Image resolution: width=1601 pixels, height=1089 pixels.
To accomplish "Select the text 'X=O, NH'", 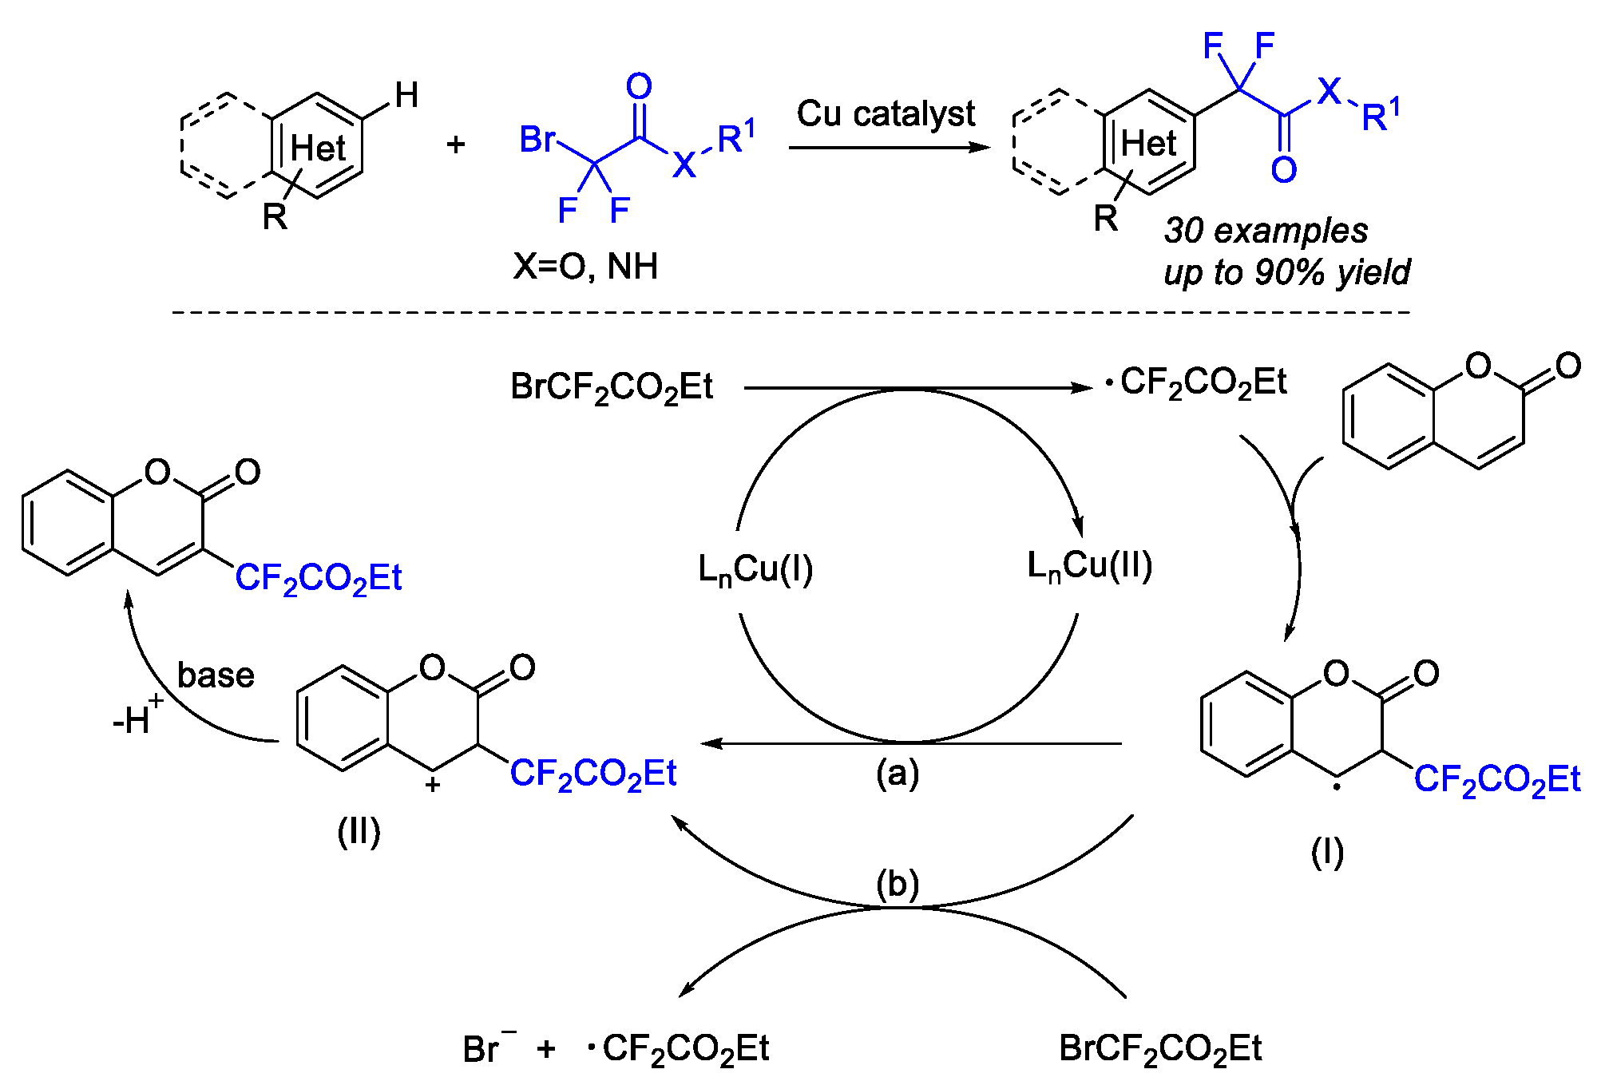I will [585, 267].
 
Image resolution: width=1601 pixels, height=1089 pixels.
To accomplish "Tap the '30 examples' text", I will [1266, 231].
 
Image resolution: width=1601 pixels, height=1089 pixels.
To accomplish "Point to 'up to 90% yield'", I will [1286, 273].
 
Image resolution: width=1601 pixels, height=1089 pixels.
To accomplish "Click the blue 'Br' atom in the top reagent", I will [537, 140].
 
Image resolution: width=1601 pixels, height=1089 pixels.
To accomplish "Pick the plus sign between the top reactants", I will [456, 145].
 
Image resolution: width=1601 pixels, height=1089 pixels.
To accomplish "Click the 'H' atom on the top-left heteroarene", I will [406, 96].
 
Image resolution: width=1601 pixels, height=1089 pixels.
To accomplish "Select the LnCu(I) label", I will [755, 570].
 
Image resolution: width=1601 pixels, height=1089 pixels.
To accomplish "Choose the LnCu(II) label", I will [1089, 566].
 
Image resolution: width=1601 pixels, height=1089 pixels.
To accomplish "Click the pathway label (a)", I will [898, 773].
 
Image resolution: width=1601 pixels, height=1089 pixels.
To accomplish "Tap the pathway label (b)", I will [898, 885].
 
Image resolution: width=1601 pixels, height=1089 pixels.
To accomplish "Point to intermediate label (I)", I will [1327, 853].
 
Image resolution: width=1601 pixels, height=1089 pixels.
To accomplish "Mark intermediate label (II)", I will [359, 832].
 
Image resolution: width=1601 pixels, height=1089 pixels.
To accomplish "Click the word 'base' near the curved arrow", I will [216, 675].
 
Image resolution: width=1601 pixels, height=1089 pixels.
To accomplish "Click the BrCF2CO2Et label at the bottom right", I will [1159, 1049].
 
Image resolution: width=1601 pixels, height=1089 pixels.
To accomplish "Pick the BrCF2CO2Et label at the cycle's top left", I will [612, 388].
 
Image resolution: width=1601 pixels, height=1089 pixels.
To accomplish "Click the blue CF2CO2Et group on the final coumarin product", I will [318, 578].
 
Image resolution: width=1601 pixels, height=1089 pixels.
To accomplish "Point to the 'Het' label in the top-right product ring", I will [1148, 145].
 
